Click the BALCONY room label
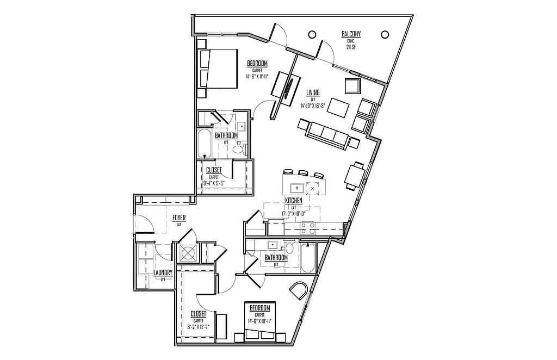(x=351, y=34)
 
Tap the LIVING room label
(x=313, y=92)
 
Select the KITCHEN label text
(x=292, y=201)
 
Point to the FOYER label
(x=179, y=217)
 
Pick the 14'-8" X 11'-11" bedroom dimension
(x=258, y=77)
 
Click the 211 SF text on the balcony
(x=351, y=47)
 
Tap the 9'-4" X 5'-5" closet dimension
(x=214, y=183)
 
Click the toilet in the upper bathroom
(x=238, y=148)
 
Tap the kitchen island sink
(x=296, y=189)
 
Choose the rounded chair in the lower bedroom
(x=299, y=293)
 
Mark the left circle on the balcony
(x=312, y=34)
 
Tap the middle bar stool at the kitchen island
(x=304, y=175)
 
